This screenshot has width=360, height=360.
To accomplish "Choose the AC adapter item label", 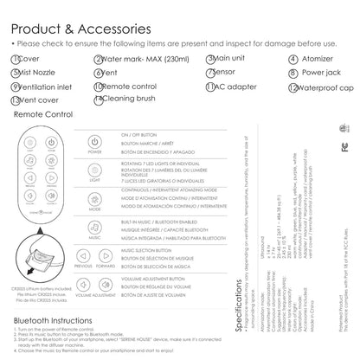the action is (x=233, y=87).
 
